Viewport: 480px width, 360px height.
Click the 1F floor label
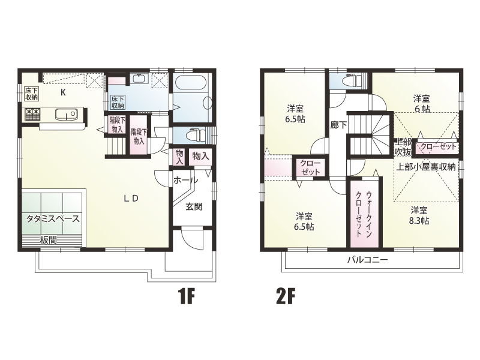[x=187, y=296]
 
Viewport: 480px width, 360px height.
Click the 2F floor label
[x=286, y=296]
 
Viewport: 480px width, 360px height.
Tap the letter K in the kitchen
[x=63, y=92]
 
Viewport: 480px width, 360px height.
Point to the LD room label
[x=131, y=199]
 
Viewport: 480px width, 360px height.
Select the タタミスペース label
[x=53, y=219]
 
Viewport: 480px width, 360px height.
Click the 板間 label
[x=49, y=240]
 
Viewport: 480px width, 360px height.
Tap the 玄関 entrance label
[x=194, y=206]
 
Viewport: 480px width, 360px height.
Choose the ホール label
[x=185, y=181]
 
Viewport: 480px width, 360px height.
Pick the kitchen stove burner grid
[x=32, y=115]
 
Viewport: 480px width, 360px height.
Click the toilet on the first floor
[x=196, y=134]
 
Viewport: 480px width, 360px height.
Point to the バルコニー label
[x=367, y=260]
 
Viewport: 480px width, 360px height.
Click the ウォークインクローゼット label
[x=364, y=214]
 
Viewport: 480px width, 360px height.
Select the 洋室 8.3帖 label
[x=419, y=215]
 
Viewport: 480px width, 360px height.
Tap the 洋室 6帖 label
[x=422, y=103]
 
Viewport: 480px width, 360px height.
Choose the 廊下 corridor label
[x=338, y=125]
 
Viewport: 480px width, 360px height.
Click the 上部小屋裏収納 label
[x=426, y=167]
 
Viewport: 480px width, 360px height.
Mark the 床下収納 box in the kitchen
[x=31, y=94]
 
